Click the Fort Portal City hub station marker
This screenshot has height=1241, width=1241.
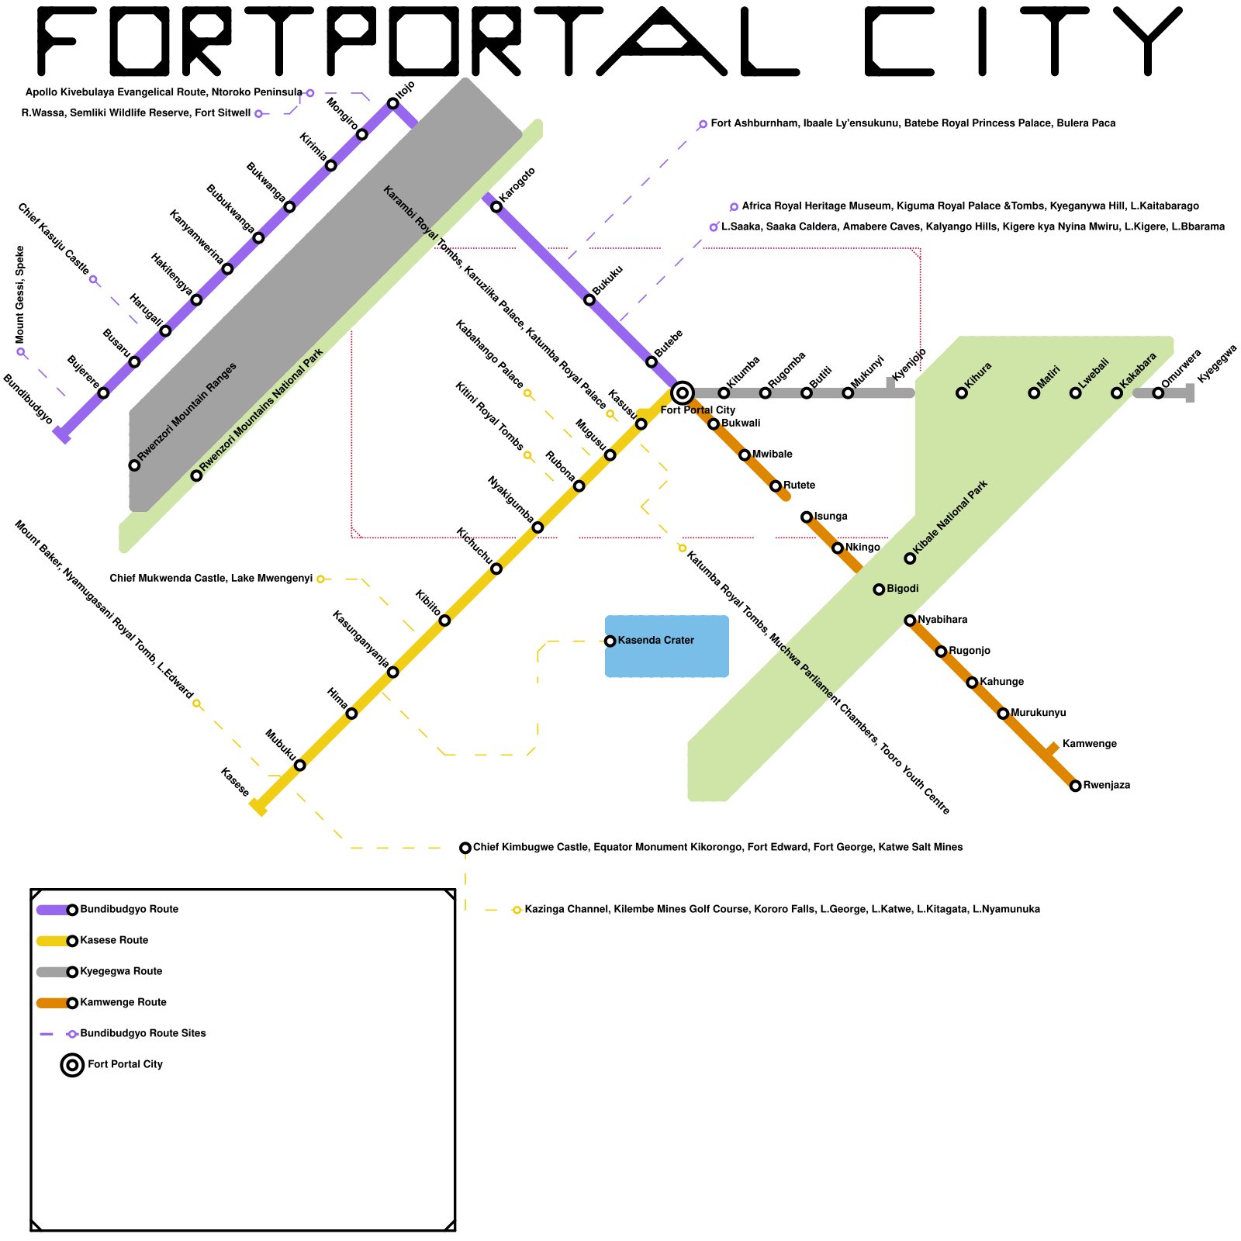pyautogui.click(x=682, y=393)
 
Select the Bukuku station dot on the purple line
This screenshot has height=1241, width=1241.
pyautogui.click(x=589, y=300)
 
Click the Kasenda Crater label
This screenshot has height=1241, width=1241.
pyautogui.click(x=655, y=641)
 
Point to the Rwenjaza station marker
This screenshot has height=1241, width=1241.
pyautogui.click(x=1075, y=786)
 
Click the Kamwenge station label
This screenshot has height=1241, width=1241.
pyautogui.click(x=1089, y=745)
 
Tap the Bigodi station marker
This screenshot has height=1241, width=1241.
pyautogui.click(x=879, y=589)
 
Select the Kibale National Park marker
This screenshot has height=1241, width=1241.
pyautogui.click(x=910, y=558)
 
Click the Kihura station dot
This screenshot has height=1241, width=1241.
pyautogui.click(x=962, y=393)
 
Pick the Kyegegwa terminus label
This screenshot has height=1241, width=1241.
pyautogui.click(x=1216, y=365)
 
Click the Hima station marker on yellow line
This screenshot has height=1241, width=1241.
pyautogui.click(x=351, y=714)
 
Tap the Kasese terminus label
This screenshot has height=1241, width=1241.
pyautogui.click(x=234, y=782)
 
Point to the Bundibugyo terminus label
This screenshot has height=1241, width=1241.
pyautogui.click(x=28, y=399)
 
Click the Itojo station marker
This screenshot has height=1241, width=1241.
pyautogui.click(x=392, y=103)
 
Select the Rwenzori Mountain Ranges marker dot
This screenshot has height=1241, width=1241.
pyautogui.click(x=134, y=465)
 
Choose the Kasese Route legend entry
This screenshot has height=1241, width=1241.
pyautogui.click(x=114, y=941)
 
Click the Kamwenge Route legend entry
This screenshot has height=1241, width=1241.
pyautogui.click(x=123, y=1003)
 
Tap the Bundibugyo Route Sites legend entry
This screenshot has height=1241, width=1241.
pyautogui.click(x=143, y=1034)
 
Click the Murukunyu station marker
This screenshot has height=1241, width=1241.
pyautogui.click(x=1003, y=714)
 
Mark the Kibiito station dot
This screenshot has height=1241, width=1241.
pyautogui.click(x=444, y=620)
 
